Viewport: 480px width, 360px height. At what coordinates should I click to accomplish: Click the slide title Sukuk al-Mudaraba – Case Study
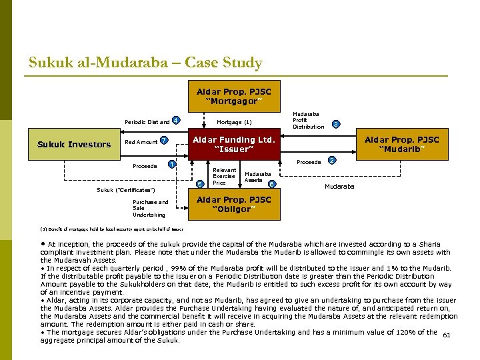pos(145,63)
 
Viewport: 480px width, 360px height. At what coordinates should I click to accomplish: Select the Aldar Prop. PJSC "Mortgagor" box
pos(233,96)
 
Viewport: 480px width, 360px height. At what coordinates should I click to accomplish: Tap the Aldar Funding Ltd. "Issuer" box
pos(233,144)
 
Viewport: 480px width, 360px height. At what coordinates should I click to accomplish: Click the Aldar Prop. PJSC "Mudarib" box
pos(401,144)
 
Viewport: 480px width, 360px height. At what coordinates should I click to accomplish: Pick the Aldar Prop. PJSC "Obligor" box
pos(233,204)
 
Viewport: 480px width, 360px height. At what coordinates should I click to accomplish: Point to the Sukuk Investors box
pos(74,145)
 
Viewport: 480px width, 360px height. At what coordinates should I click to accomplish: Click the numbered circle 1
pos(172,164)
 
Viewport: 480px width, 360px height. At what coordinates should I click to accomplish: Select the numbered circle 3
pos(336,123)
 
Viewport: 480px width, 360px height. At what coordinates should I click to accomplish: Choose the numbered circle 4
pos(175,120)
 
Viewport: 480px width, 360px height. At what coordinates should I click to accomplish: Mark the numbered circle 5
pos(201,184)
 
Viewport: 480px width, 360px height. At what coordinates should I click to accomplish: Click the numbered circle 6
pos(271,183)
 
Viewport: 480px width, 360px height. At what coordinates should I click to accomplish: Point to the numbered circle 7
pos(163,140)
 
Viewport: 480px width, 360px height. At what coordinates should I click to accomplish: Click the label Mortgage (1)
pos(234,122)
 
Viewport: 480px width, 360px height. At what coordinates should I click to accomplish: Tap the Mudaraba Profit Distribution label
pos(308,120)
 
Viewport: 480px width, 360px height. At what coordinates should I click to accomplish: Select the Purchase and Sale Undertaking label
pos(150,208)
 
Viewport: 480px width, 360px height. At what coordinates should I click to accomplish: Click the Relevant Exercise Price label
pos(224,177)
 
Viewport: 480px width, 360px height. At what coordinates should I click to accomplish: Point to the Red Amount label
pos(141,142)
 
